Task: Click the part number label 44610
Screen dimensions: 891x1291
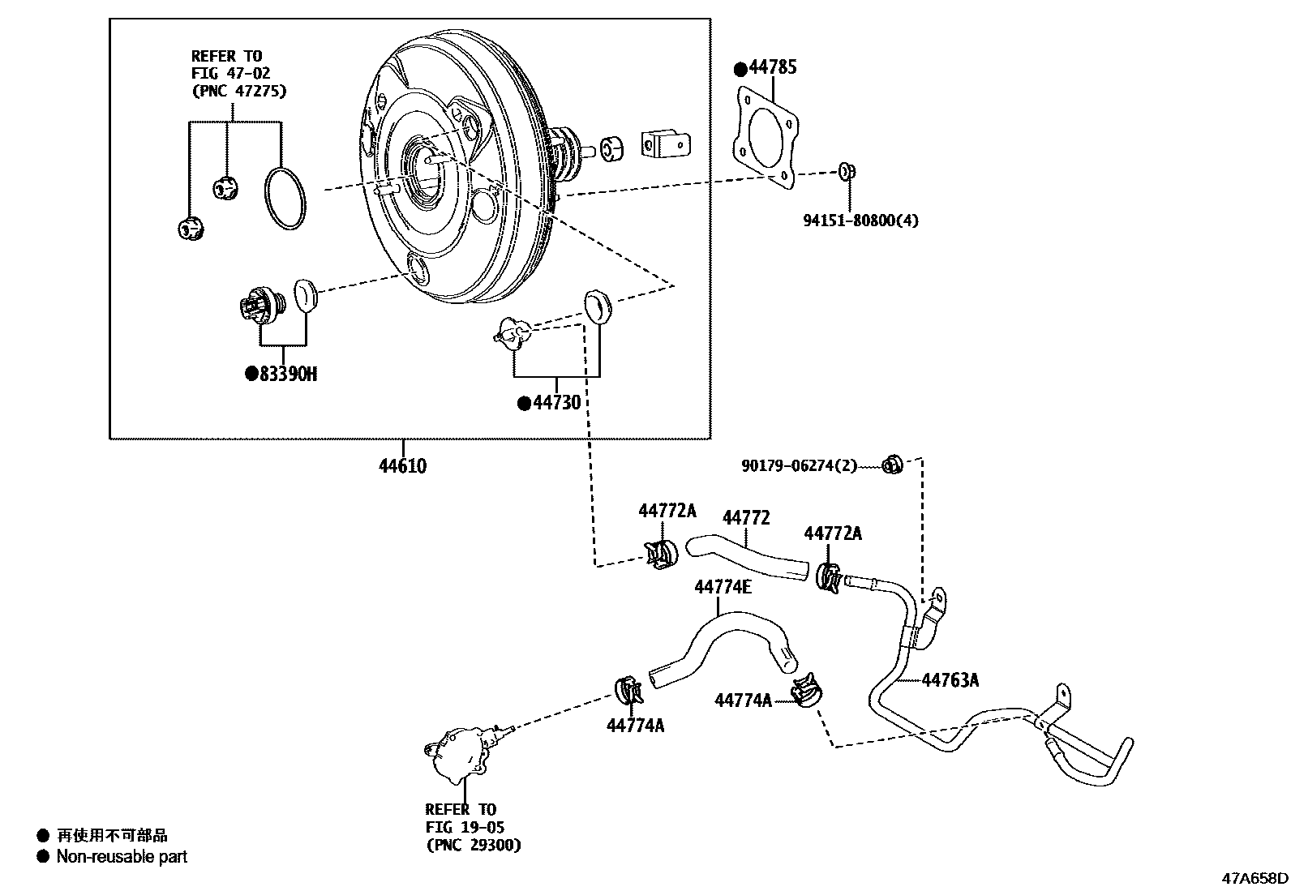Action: tap(402, 466)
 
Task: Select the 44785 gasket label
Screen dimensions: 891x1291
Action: tap(772, 67)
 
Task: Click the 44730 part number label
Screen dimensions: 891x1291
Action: tap(556, 403)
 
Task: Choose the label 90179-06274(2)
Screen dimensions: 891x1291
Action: tap(799, 466)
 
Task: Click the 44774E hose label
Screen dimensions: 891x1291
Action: tap(722, 586)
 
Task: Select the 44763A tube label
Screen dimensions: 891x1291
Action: tap(950, 680)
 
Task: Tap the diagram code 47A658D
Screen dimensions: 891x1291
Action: tap(1255, 878)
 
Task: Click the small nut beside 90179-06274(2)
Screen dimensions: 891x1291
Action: tap(892, 465)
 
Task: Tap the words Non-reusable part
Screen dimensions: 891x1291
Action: tap(122, 857)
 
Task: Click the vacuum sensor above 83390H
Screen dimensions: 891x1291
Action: tap(261, 306)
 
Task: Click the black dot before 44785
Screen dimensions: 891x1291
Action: tap(740, 69)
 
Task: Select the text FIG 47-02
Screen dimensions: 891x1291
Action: tap(230, 73)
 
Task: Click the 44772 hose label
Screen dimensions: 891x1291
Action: tap(746, 517)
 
